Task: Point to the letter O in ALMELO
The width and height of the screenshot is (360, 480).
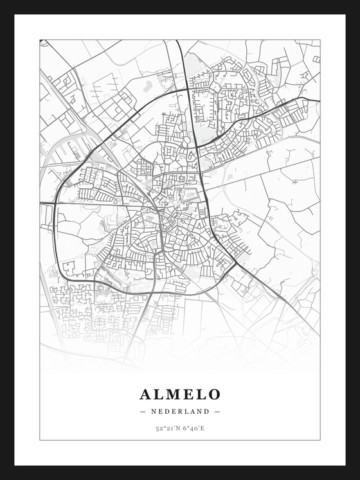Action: pos(214,394)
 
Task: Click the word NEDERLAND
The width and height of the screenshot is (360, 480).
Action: pos(180,411)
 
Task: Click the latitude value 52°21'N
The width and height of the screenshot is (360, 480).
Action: pos(166,427)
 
